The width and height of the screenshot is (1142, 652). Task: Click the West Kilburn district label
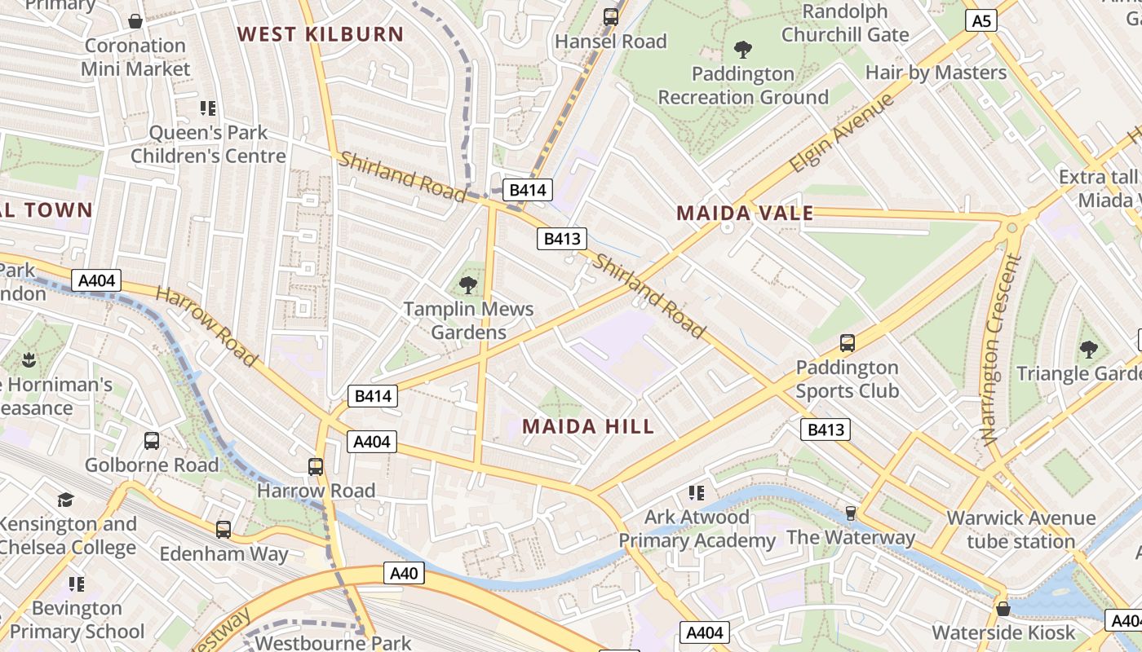(x=320, y=34)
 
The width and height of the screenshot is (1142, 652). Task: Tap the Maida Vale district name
(x=745, y=214)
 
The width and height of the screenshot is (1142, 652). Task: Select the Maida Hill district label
(x=588, y=426)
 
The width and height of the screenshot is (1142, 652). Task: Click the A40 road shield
(x=404, y=574)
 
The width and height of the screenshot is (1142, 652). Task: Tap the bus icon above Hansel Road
(x=610, y=16)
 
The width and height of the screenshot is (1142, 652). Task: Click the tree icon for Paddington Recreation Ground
(x=742, y=50)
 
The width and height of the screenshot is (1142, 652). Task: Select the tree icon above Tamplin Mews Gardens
(x=468, y=284)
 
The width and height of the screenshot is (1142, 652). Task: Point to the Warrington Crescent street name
(x=1001, y=350)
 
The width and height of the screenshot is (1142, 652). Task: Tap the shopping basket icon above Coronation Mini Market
(x=135, y=21)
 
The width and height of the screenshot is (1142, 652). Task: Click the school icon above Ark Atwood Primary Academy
(x=696, y=492)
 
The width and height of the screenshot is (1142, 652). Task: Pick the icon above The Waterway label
(x=850, y=513)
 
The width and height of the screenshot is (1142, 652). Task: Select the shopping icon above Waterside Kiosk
(x=1003, y=609)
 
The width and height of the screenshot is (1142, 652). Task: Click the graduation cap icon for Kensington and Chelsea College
(x=65, y=500)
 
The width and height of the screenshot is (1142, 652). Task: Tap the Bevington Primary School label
(x=77, y=619)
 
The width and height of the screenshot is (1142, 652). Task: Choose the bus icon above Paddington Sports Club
(x=847, y=343)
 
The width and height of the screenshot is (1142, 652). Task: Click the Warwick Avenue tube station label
(x=1020, y=530)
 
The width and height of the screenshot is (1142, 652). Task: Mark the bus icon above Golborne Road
(x=152, y=441)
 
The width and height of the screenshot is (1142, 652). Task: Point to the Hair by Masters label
(x=936, y=73)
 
